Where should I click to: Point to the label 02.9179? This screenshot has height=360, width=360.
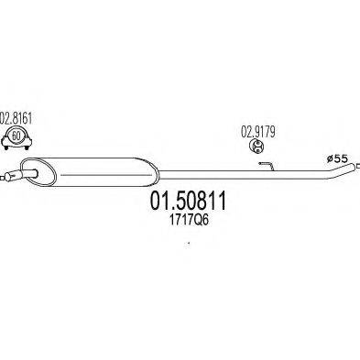[x=257, y=130]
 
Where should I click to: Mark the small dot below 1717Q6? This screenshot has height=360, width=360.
[x=189, y=243]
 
